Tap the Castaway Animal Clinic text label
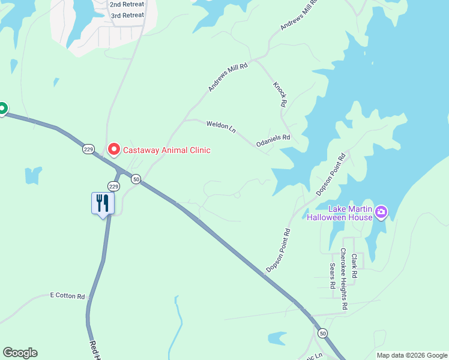[x=167, y=150]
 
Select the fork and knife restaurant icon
[x=102, y=203]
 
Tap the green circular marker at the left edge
[x=2, y=109]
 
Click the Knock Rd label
[x=279, y=95]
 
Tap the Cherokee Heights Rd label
[x=343, y=279]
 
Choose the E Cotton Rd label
[x=67, y=295]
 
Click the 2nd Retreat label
[x=127, y=4]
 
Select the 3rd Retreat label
[x=127, y=15]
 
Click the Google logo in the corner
[x=20, y=353]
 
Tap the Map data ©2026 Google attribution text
[x=411, y=355]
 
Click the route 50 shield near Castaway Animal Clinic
[x=136, y=179]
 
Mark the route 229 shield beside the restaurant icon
[x=114, y=187]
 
